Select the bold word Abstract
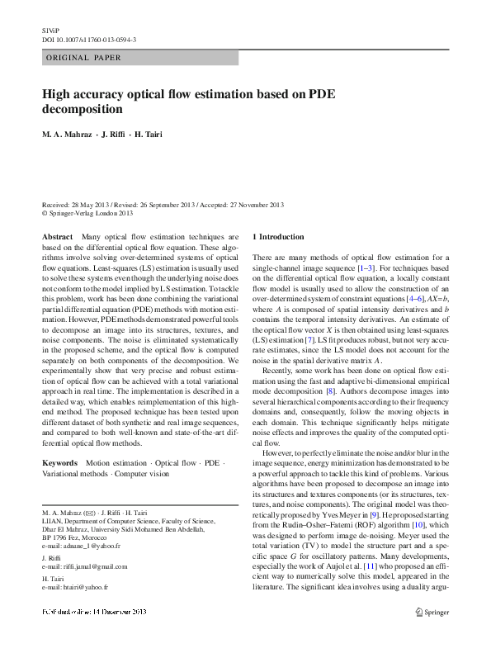57,237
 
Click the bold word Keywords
60,463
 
